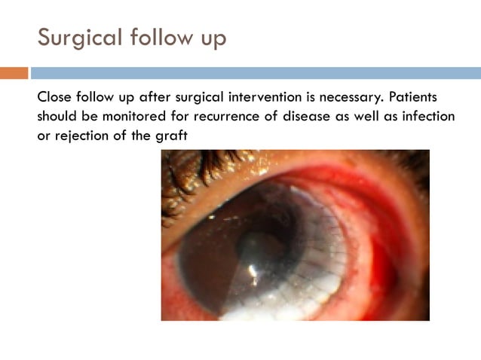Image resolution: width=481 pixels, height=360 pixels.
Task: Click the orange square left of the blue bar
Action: tap(14, 73)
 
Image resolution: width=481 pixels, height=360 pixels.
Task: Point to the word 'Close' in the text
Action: tap(55, 99)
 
